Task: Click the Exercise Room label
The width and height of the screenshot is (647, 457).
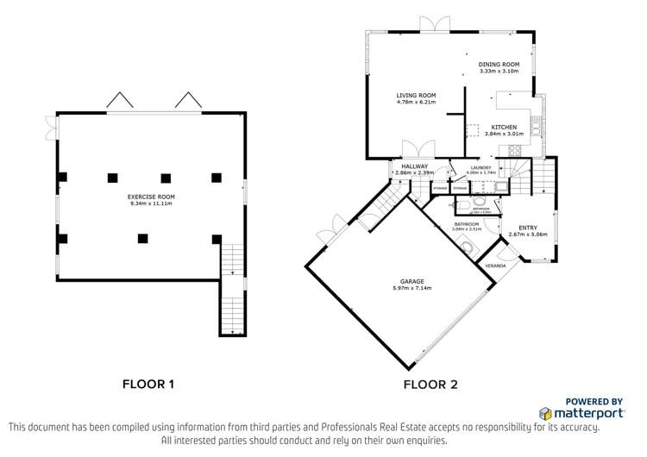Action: point(152,197)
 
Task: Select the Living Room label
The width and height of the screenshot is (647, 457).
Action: point(416,95)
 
